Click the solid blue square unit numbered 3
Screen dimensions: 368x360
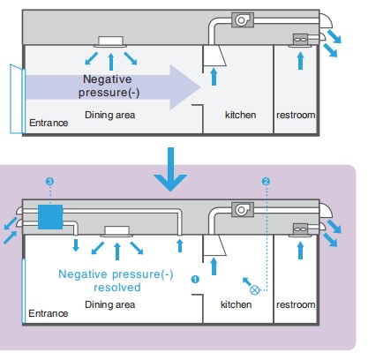tap(50, 217)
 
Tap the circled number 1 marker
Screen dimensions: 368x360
tap(195, 279)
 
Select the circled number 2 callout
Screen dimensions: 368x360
tap(266, 182)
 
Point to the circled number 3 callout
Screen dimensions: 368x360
tap(49, 181)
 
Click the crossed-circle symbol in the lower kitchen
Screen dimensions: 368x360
tap(255, 290)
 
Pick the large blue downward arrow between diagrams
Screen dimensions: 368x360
tap(170, 169)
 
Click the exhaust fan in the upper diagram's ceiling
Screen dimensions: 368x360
tap(243, 20)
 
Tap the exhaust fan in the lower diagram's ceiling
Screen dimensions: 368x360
tap(243, 209)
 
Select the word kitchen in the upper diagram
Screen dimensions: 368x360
tap(240, 115)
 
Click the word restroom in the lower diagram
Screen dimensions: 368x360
tap(296, 304)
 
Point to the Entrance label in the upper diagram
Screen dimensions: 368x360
tap(49, 123)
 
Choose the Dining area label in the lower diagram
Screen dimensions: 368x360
tap(110, 304)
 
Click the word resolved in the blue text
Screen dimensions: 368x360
tap(117, 288)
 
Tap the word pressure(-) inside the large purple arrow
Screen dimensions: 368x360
tap(109, 93)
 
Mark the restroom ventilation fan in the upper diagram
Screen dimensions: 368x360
tap(301, 40)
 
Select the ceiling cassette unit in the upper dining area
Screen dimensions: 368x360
tap(110, 41)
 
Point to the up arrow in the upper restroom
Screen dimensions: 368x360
tap(300, 61)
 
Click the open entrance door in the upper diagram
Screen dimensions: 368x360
tap(17, 99)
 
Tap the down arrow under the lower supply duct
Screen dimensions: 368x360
tap(76, 245)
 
